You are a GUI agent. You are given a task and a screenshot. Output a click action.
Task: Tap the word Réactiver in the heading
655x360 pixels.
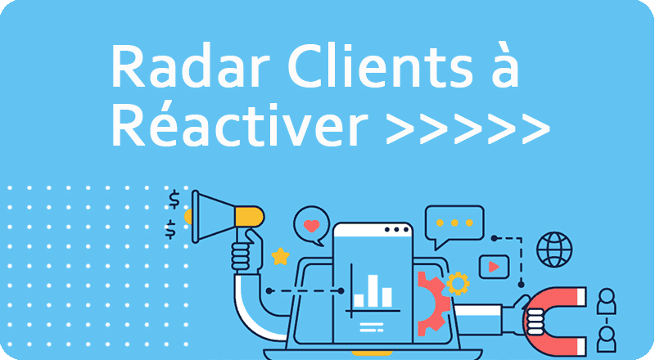point(239,124)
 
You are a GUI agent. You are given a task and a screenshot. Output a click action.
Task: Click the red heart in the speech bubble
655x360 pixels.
point(311,226)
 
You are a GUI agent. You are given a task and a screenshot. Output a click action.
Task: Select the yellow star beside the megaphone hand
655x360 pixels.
point(280,256)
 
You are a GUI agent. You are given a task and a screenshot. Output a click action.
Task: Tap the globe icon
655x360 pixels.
point(554,250)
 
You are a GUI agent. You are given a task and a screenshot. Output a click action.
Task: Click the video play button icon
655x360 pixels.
point(494,267)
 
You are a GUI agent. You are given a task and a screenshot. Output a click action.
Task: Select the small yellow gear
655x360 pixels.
point(458,284)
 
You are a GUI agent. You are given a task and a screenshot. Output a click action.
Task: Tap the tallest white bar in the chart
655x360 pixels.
point(373,290)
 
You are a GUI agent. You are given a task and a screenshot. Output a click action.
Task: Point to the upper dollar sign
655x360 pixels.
point(174,199)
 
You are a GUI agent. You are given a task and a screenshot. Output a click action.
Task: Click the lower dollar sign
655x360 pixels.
point(170,229)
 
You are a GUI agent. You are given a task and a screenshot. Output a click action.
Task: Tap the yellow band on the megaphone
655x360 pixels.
point(250,217)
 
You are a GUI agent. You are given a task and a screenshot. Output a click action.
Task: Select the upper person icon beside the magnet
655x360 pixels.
point(606,301)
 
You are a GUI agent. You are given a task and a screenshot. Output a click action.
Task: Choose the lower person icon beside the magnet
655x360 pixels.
point(606,339)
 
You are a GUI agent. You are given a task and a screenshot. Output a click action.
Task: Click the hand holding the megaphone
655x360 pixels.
point(247,252)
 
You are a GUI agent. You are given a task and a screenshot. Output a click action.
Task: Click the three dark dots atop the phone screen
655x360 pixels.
point(396,230)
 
